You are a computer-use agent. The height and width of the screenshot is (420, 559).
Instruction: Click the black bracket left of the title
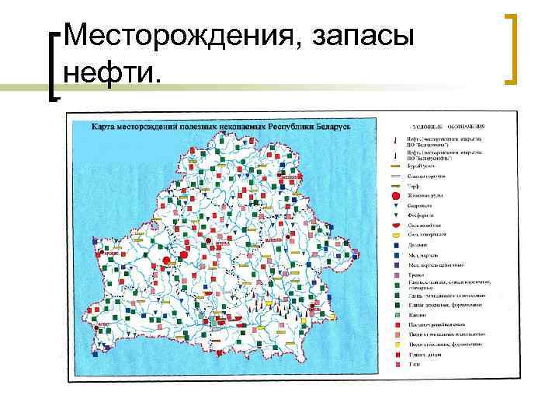(56, 65)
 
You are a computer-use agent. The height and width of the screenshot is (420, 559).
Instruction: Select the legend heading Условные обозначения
(446, 124)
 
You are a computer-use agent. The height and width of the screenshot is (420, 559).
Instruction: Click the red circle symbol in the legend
(395, 194)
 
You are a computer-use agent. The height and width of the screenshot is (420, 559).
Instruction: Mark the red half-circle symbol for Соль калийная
(395, 225)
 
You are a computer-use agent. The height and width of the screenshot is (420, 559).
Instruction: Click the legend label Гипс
(415, 364)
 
